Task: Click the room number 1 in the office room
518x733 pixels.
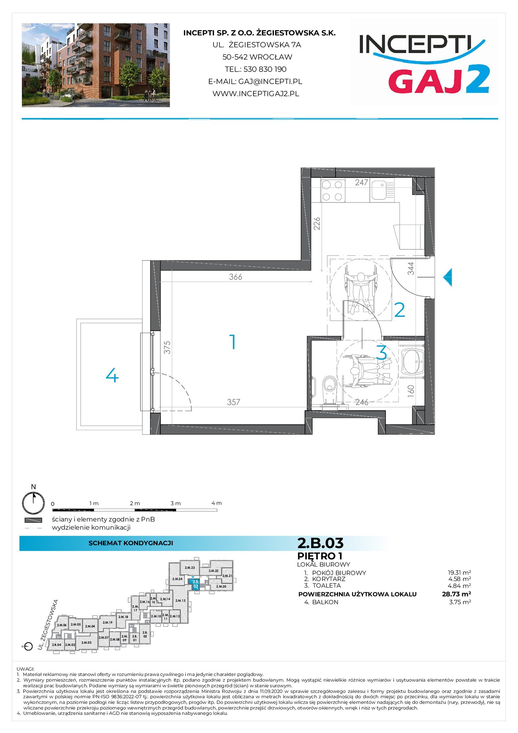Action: [x=233, y=342]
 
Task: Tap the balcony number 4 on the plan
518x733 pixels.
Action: [x=112, y=376]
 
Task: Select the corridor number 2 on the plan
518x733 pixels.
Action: [x=400, y=310]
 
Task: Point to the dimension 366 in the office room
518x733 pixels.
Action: [x=235, y=277]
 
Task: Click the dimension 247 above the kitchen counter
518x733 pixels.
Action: [x=361, y=182]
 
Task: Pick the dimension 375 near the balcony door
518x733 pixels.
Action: [x=167, y=347]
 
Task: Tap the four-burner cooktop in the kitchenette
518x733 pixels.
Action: [x=332, y=190]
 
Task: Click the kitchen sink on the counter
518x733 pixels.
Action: [x=383, y=190]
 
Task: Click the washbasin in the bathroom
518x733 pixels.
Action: [x=412, y=360]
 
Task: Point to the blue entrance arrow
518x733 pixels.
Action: [x=447, y=277]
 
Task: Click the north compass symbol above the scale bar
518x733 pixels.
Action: [x=33, y=503]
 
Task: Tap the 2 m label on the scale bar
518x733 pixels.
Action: [x=135, y=503]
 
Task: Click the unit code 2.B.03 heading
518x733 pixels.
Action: [x=320, y=543]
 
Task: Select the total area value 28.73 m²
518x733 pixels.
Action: [x=456, y=594]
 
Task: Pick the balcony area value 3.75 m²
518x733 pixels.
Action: [x=460, y=602]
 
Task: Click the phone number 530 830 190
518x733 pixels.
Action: [x=265, y=69]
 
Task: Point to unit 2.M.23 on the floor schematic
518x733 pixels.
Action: [x=190, y=568]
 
